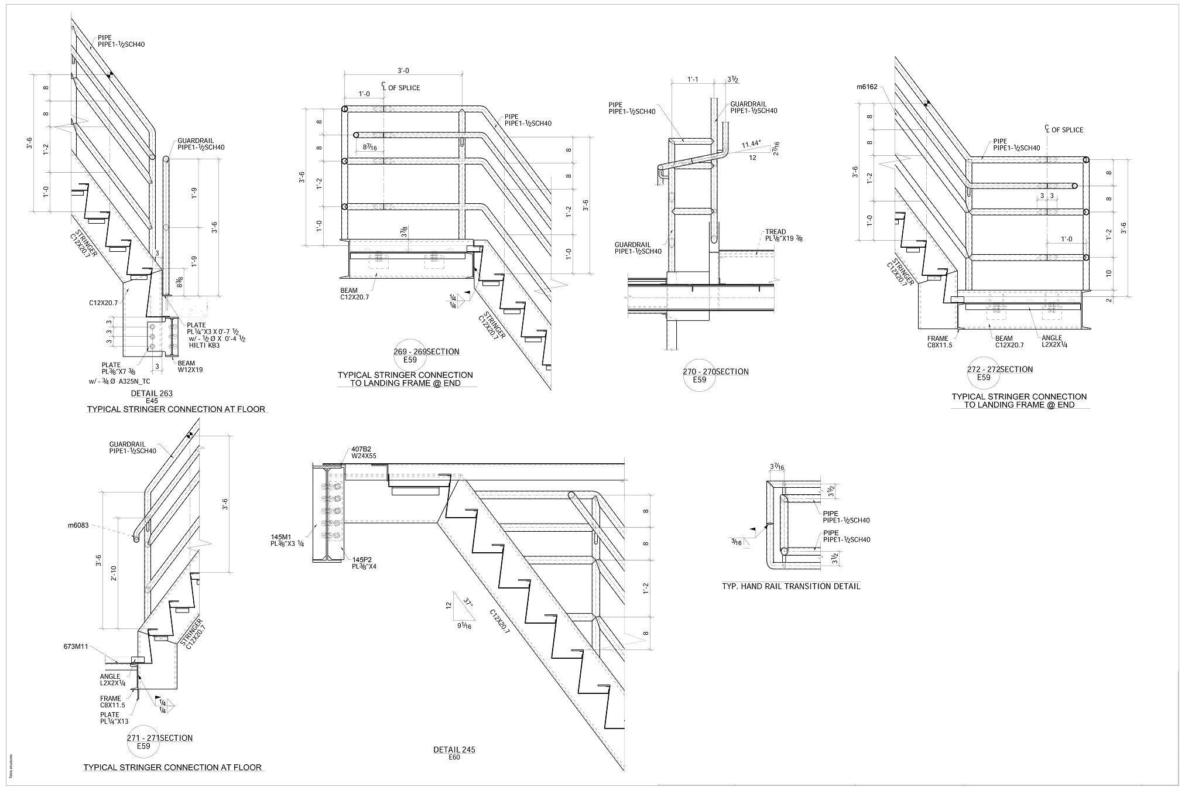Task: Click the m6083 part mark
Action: [78, 525]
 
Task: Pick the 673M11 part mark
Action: [76, 647]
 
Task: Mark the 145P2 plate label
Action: [364, 563]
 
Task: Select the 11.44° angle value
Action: [751, 144]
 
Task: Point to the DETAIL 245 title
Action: [454, 750]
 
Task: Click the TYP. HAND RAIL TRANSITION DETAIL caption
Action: [791, 586]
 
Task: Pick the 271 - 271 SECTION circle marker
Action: [143, 743]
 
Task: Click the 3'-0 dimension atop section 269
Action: [403, 71]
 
